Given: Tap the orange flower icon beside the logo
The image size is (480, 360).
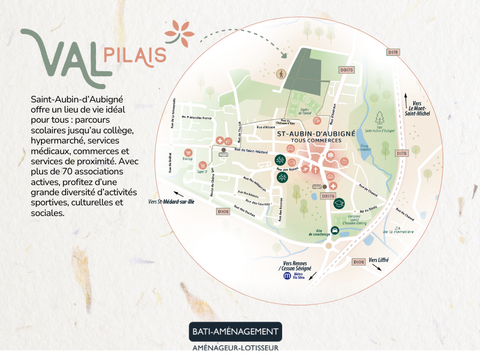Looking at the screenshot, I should coord(181,33).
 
